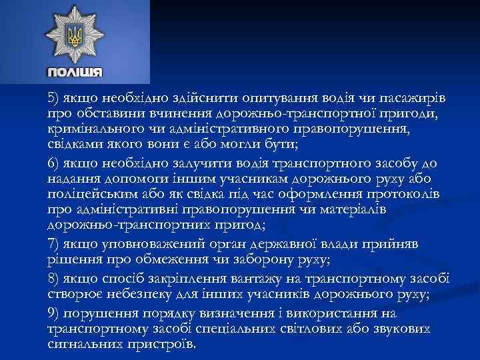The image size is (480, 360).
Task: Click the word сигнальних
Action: point(83,344)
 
